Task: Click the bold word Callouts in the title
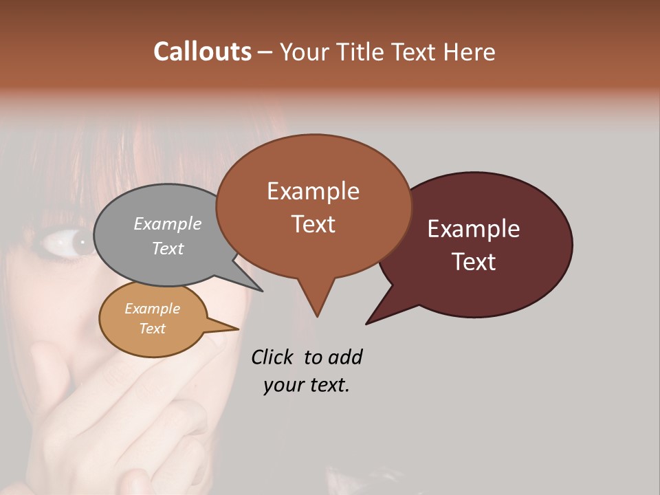coord(202,52)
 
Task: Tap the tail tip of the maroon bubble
coord(369,322)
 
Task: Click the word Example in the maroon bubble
coord(474,229)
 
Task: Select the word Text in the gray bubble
coord(168,248)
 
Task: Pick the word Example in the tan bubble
coord(153,309)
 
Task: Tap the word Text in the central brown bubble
coord(313,224)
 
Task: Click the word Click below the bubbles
coord(272,357)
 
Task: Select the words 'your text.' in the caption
coord(307,385)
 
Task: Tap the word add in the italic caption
coord(345,357)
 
